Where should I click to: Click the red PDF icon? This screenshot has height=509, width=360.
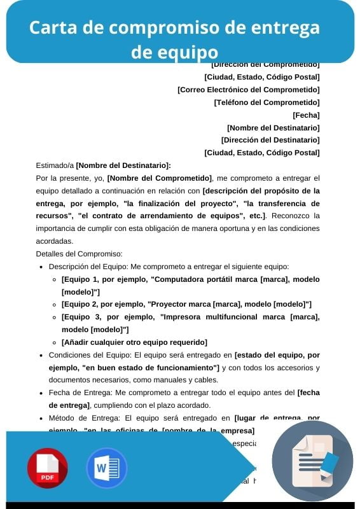coord(47,468)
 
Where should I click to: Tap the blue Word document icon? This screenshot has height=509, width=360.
coord(107,468)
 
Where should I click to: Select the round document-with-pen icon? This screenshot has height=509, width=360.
coord(312,461)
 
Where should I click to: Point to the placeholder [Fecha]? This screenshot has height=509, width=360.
coord(306,115)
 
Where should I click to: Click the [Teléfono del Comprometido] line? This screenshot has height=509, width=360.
coord(267,102)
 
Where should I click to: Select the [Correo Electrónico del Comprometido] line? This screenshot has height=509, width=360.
coord(248,90)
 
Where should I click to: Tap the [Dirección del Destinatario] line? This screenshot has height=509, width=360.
coord(270,140)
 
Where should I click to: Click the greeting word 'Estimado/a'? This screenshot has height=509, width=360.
coord(55,165)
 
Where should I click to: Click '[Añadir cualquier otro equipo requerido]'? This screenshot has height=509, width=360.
coord(134,342)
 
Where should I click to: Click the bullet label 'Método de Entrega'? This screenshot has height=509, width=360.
coord(81,418)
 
